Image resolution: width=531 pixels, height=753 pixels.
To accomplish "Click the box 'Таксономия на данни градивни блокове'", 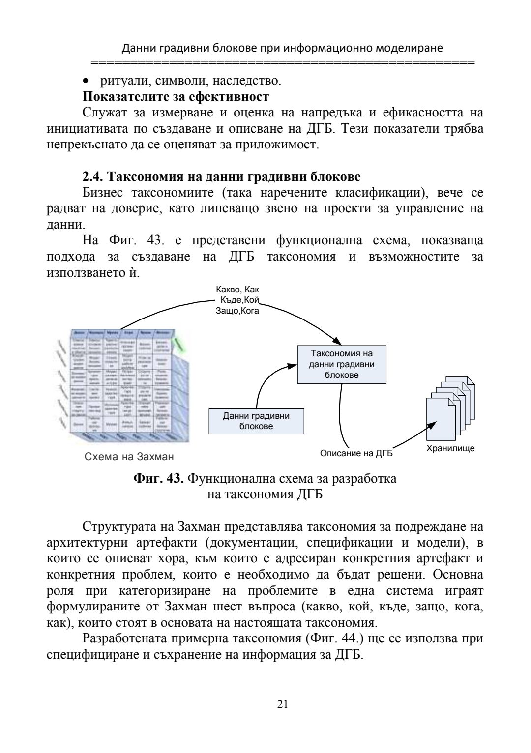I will click(341, 364).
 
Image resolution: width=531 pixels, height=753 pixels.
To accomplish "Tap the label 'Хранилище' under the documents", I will click(450, 448).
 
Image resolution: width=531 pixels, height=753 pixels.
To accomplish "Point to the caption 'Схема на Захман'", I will click(129, 457).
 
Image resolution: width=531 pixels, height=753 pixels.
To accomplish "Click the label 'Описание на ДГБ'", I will click(356, 453).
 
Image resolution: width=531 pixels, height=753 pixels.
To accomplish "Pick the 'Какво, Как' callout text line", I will click(237, 290).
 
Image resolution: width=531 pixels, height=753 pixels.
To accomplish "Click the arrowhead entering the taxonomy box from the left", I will click(293, 365).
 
